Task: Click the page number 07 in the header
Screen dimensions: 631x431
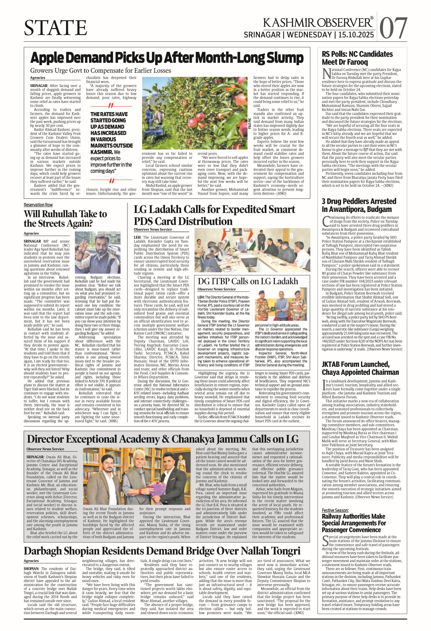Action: pyautogui.click(x=393, y=28)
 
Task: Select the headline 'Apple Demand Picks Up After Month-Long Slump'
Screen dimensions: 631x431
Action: pyautogui.click(x=167, y=58)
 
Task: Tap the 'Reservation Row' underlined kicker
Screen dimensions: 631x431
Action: pyautogui.click(x=38, y=205)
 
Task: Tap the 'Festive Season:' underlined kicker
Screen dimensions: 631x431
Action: pyautogui.click(x=335, y=510)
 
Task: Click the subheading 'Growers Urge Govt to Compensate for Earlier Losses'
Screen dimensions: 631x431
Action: pyautogui.click(x=101, y=71)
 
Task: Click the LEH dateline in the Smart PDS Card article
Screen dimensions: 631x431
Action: pyautogui.click(x=137, y=237)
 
